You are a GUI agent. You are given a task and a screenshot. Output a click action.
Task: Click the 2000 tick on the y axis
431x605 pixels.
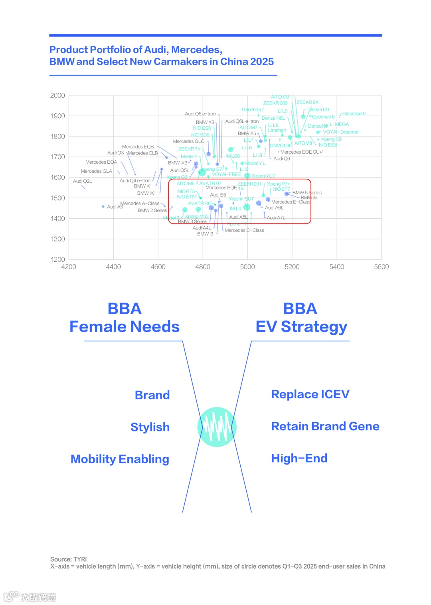point(57,96)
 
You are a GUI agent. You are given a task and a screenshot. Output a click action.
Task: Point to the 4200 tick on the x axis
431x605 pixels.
point(69,267)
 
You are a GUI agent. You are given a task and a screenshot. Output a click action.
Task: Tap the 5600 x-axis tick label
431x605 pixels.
point(381,267)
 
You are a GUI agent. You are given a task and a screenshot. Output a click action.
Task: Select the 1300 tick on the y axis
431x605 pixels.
point(57,239)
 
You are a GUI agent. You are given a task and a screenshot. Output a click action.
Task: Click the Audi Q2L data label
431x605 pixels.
point(82,181)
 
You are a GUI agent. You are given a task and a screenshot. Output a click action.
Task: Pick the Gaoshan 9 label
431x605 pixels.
point(354,114)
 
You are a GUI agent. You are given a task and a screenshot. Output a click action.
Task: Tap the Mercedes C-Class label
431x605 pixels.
point(244,230)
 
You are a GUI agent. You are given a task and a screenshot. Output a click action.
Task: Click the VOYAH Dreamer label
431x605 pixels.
point(340,132)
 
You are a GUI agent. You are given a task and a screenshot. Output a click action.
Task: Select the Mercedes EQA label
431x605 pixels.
point(101,162)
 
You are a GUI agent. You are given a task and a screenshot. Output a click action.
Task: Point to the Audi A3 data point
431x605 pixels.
point(103,207)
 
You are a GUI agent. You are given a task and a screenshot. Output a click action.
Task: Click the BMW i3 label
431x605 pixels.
point(205,234)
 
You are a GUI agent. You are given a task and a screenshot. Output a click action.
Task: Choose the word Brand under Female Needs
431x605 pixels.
point(152,395)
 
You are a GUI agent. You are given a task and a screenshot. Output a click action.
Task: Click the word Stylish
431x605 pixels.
point(150,427)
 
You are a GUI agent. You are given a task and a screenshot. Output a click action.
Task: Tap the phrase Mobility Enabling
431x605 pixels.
point(120,459)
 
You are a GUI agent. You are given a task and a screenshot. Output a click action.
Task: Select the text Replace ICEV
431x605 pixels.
point(310,394)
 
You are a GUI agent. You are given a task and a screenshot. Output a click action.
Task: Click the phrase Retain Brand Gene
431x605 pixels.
point(325,426)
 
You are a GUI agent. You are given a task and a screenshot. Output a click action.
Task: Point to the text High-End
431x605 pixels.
point(299,458)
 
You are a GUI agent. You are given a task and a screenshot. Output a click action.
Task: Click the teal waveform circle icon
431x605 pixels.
point(217,427)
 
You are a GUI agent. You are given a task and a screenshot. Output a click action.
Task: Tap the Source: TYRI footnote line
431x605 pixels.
point(69,559)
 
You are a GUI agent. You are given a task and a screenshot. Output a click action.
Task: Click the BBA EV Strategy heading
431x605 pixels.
point(301,318)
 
